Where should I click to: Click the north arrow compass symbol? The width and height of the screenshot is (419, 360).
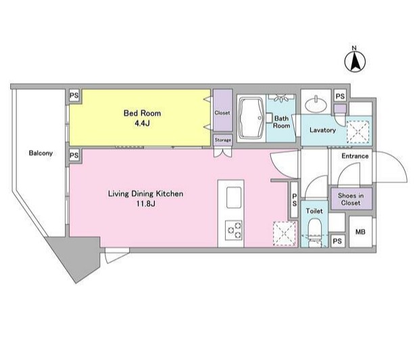[x=355, y=61]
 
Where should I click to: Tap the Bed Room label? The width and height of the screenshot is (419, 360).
[x=142, y=113]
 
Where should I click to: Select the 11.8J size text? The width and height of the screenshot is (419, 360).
[x=145, y=204]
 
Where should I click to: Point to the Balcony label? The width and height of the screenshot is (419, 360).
[x=41, y=153]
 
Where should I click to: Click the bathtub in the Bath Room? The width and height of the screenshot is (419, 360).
[x=251, y=118]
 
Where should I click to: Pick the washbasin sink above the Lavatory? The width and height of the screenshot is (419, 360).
[x=316, y=104]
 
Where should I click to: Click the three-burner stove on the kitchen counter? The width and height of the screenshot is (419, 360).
[x=234, y=230]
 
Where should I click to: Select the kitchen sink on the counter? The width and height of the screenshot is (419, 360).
[x=234, y=197]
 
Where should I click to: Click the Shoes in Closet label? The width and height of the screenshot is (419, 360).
[x=351, y=199]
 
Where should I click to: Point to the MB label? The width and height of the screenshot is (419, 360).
[x=360, y=232]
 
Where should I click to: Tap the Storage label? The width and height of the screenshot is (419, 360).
[x=223, y=140]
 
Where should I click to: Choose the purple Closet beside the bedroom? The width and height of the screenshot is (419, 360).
[x=222, y=110]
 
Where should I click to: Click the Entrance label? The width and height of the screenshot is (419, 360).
[x=355, y=156]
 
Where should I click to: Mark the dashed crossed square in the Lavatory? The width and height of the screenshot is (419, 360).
[x=358, y=132]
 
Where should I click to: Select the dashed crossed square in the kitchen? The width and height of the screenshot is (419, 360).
[x=285, y=234]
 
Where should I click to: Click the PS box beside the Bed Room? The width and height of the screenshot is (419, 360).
[x=74, y=95]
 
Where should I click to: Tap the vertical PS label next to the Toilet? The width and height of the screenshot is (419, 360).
[x=294, y=200]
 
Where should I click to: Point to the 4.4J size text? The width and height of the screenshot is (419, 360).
[x=142, y=124]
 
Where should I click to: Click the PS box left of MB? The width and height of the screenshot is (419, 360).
[x=337, y=241]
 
